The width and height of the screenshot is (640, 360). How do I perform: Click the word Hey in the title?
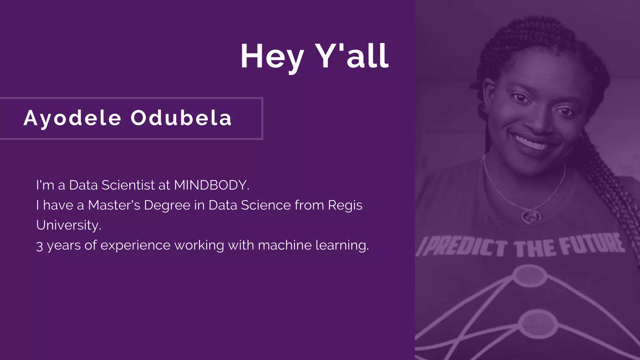(272, 57)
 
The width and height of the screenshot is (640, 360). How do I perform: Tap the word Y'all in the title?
(351, 56)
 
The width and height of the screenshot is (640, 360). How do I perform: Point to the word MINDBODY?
(211, 185)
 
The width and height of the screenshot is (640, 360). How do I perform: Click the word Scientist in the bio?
(128, 185)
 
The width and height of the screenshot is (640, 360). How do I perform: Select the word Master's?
(114, 205)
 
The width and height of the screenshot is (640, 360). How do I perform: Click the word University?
(68, 225)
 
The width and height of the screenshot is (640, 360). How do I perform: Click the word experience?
(135, 246)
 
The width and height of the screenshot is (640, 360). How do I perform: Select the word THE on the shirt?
(535, 249)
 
